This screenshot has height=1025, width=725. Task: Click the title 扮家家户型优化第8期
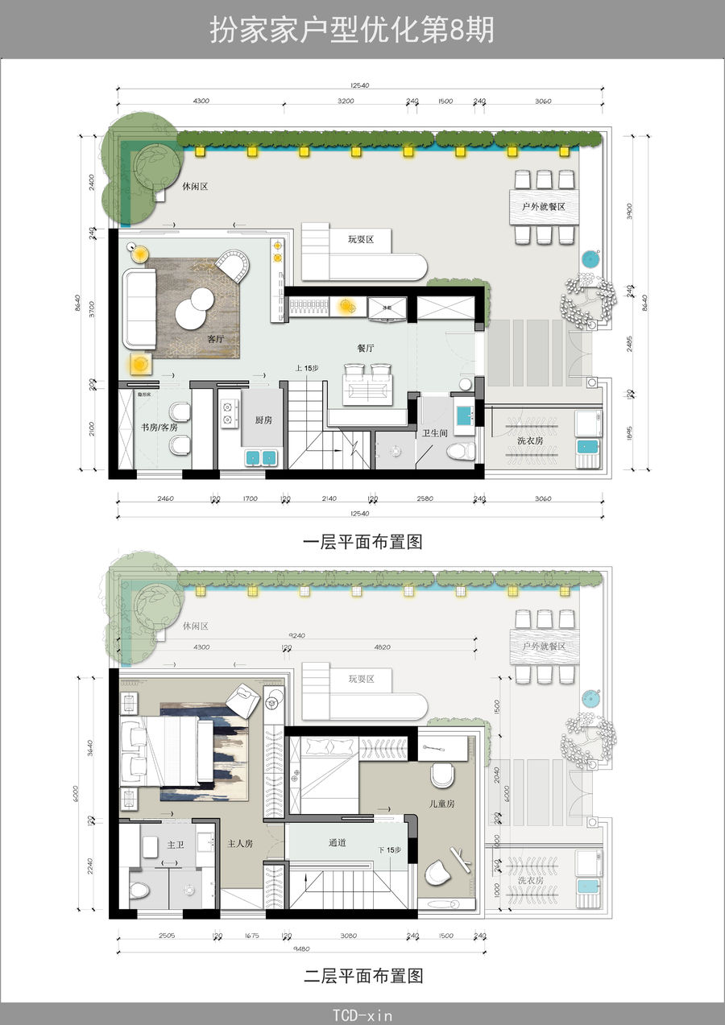point(352,30)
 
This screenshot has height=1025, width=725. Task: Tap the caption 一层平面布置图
point(362,542)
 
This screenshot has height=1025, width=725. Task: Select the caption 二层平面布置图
point(362,976)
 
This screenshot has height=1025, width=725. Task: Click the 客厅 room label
point(216,339)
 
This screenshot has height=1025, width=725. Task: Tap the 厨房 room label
point(263,420)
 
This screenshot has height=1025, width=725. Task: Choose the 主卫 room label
point(176,845)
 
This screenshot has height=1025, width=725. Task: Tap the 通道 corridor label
point(338,843)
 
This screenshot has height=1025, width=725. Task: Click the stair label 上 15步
point(307,368)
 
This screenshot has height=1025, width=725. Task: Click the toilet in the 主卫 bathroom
point(140,891)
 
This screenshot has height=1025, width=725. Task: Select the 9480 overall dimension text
point(300,948)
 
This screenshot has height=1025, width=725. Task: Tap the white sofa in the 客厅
point(139,305)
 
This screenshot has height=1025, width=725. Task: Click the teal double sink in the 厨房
point(261,457)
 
